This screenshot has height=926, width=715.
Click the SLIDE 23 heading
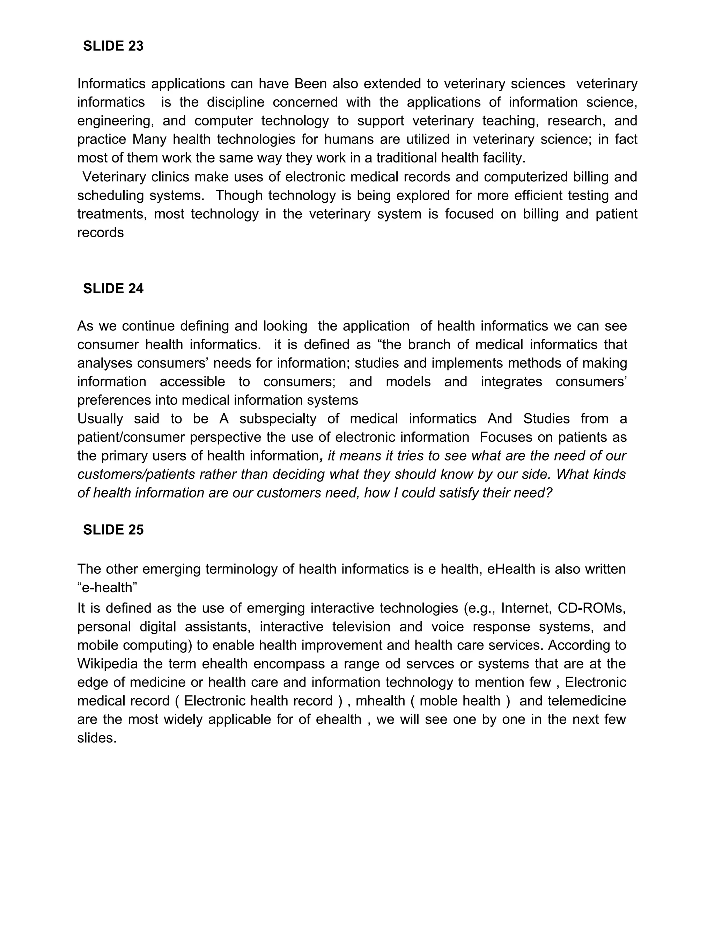[113, 46]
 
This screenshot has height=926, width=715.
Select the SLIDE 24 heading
[113, 289]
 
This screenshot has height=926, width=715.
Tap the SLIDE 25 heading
[113, 530]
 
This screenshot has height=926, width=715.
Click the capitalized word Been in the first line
[310, 84]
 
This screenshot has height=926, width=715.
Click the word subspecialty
[278, 419]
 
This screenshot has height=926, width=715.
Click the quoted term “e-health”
[107, 588]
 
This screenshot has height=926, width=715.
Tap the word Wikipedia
[108, 664]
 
